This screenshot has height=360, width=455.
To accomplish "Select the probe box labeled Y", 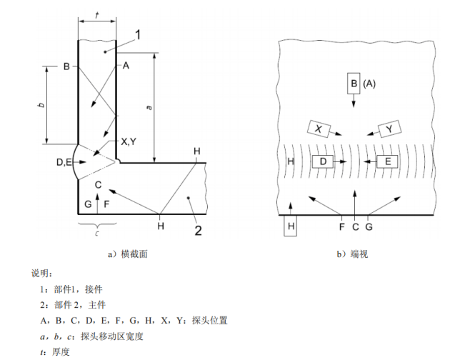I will [x=389, y=129].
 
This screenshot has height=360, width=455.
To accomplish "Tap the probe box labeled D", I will [x=323, y=162].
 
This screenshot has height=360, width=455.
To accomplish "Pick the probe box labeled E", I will [x=388, y=162].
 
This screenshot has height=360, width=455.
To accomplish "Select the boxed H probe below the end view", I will [x=291, y=226].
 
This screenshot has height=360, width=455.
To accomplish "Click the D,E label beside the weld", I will [x=64, y=163].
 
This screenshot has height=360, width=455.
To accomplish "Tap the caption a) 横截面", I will [x=126, y=253].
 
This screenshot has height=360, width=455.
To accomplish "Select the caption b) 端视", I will [x=355, y=253].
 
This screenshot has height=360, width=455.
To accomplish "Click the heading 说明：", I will [x=41, y=273].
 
